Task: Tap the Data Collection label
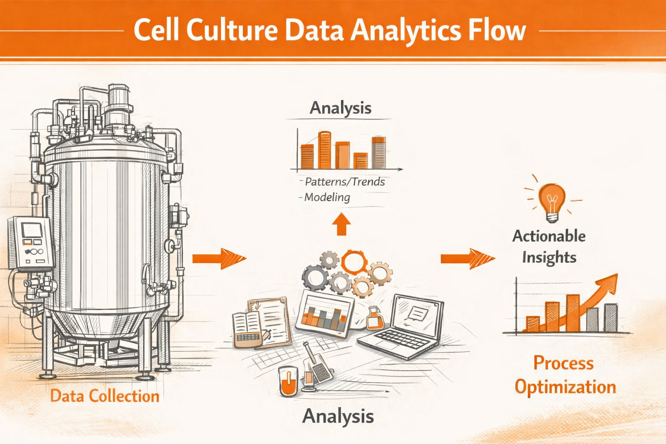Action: coord(105,396)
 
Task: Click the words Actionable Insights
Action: coord(549,246)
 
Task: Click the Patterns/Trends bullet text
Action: coord(345,182)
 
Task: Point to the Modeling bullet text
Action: coord(327,197)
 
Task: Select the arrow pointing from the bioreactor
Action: coord(219,258)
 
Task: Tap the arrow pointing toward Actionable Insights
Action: coord(467,259)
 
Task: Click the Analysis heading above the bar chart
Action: coord(340,108)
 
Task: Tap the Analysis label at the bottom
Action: coord(338,416)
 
